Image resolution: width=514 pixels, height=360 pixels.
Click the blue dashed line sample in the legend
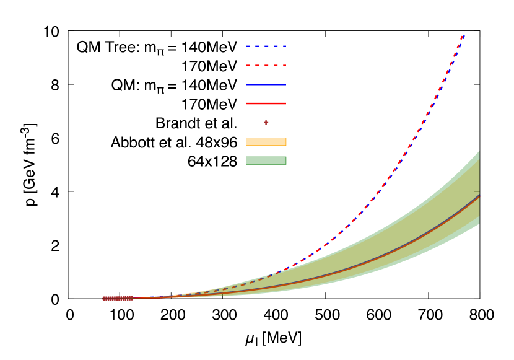click(266, 46)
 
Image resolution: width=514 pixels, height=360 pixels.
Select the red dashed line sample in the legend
click(266, 65)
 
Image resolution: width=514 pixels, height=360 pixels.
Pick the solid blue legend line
click(266, 84)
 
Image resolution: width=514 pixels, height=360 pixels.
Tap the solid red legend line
click(266, 103)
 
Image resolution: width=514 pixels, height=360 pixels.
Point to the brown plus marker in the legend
click(266, 123)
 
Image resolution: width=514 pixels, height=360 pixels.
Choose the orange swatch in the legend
click(266, 141)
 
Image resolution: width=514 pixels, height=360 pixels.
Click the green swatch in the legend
click(266, 160)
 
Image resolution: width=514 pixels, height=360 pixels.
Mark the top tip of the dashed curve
click(464, 32)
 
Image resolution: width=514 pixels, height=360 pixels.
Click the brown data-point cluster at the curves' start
click(116, 299)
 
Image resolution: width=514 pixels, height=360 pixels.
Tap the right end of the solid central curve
click(479, 196)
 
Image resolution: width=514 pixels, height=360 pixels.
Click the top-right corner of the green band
click(479, 151)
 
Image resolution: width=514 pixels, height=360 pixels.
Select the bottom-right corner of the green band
click(479, 224)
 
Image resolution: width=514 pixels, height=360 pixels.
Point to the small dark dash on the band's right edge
click(476, 191)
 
